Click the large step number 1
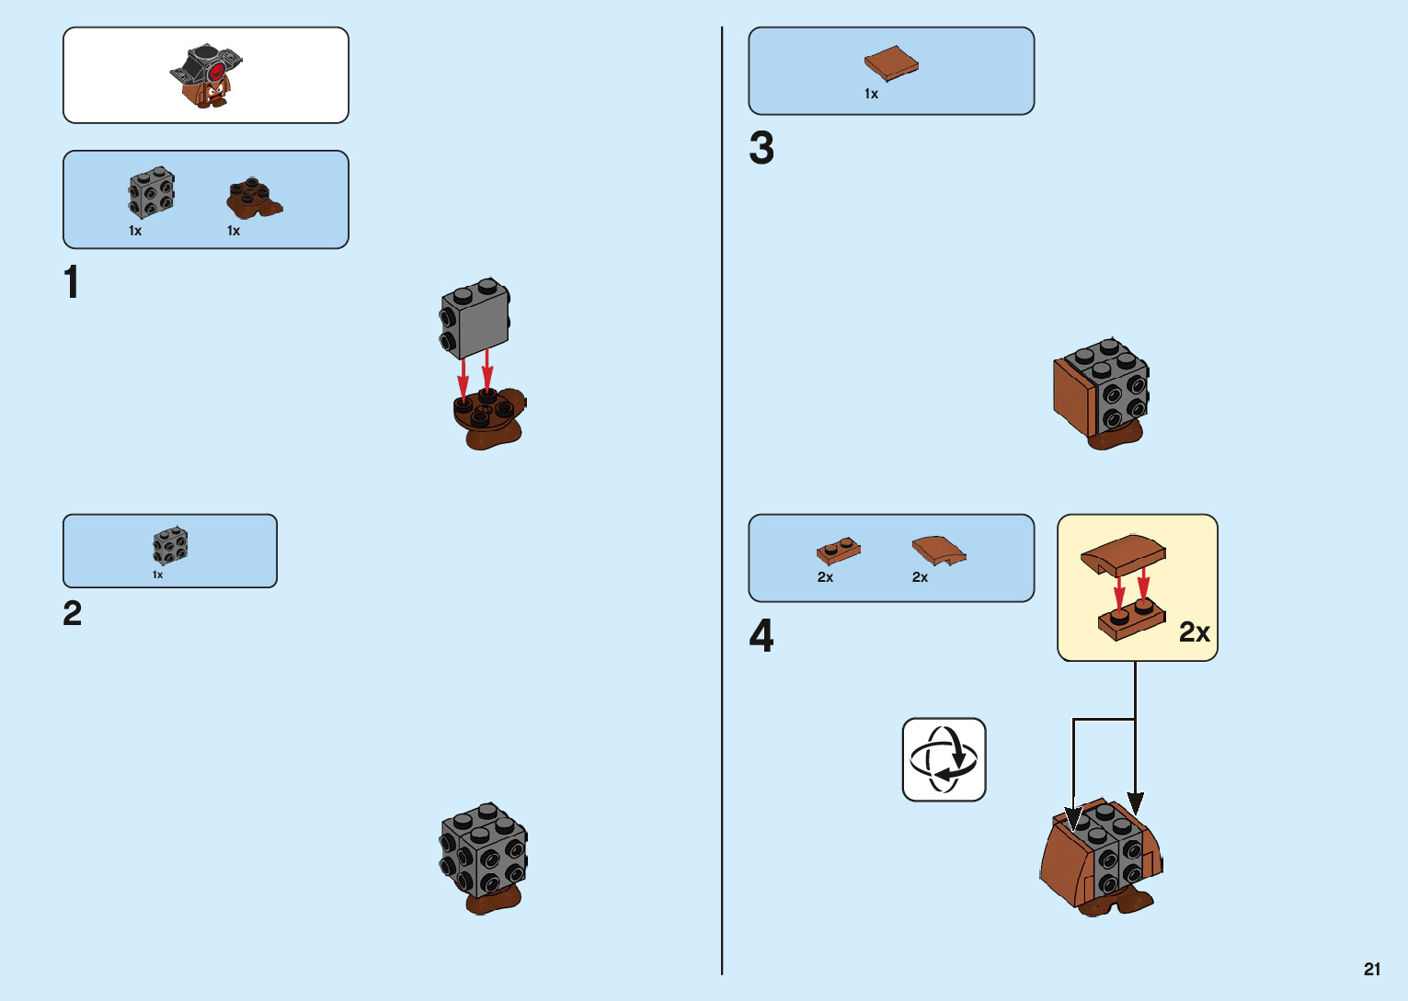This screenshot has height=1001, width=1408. (72, 282)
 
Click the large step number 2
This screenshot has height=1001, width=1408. (73, 613)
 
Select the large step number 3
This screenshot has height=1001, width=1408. (761, 148)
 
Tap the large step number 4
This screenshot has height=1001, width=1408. (761, 635)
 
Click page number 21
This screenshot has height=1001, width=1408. (1372, 969)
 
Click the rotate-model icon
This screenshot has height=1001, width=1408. (944, 759)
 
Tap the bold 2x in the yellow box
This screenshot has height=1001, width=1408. (1194, 632)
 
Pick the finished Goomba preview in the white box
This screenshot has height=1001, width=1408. (207, 75)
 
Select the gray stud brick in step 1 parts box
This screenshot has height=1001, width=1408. (151, 193)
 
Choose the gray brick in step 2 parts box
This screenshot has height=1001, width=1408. (170, 546)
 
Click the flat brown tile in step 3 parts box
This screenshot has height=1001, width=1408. (891, 63)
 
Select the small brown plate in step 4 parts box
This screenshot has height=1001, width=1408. (839, 551)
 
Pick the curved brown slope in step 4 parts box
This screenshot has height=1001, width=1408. (938, 551)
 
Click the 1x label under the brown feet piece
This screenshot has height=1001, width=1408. (234, 231)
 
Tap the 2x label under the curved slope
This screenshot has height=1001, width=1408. (920, 577)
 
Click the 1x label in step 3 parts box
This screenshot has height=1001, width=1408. (871, 94)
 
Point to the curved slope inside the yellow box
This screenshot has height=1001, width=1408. (1124, 554)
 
